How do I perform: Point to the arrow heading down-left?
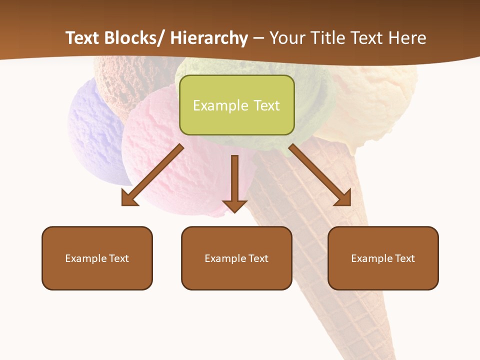pos(152,175)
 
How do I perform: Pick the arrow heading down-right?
pos(320,175)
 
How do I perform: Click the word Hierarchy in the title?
pos(209,38)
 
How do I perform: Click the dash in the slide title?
pos(259,38)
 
